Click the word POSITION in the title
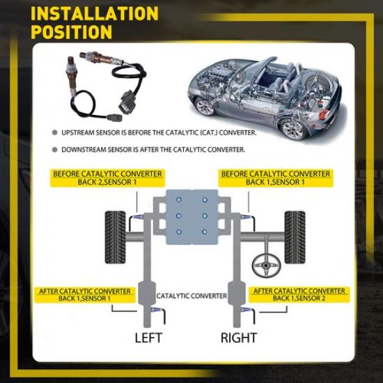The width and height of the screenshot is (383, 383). (72, 32)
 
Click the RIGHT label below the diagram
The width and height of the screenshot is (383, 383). (239, 338)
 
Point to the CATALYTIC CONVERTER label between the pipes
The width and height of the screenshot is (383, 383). (191, 296)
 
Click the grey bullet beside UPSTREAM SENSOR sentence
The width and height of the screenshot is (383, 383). (54, 132)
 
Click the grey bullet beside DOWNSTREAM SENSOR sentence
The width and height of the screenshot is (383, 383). (54, 149)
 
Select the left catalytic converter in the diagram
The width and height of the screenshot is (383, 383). (148, 294)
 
